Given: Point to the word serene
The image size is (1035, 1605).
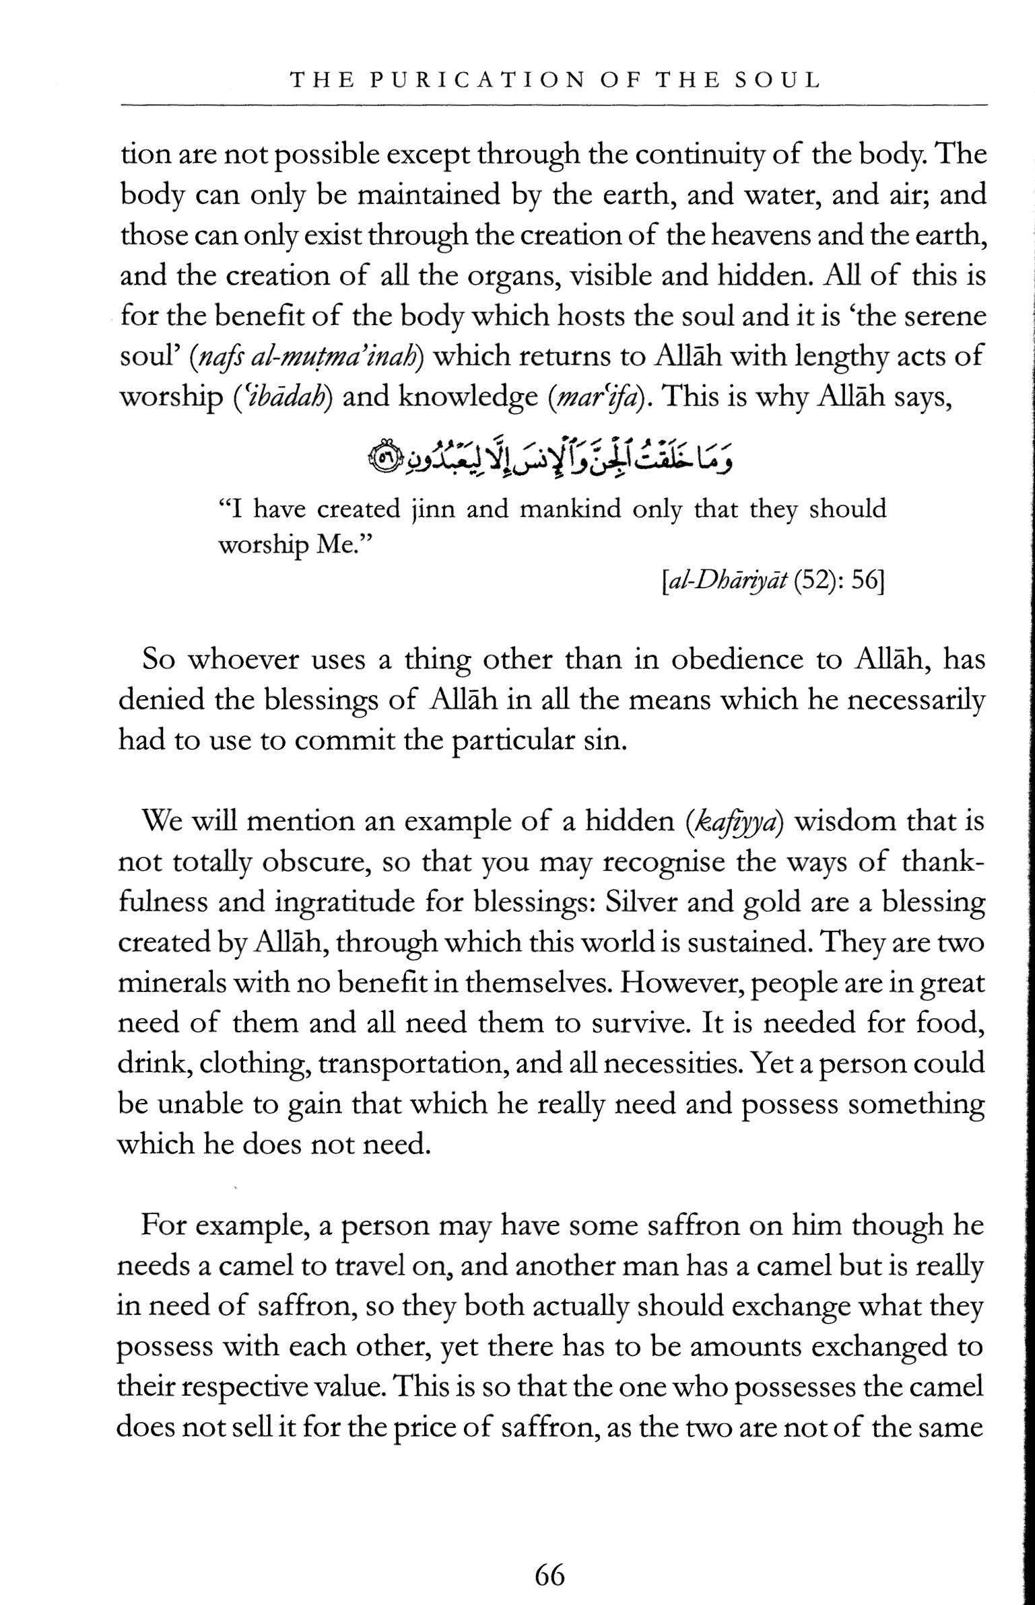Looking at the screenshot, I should coord(939,316).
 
